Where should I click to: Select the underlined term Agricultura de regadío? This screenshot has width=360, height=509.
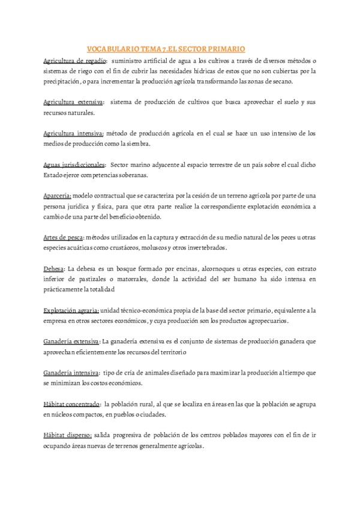pos(75,61)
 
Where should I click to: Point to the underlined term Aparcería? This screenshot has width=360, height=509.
pos(58,196)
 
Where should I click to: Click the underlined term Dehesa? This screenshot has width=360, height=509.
pos(54,268)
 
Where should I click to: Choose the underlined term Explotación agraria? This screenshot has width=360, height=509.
pos(71,310)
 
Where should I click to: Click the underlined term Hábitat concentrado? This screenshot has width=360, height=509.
pos(71,404)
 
